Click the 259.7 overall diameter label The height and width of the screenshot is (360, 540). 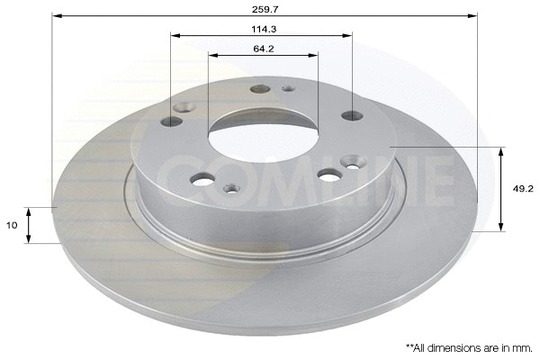pyautogui.click(x=265, y=9)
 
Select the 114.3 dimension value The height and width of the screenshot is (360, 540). pyautogui.click(x=264, y=30)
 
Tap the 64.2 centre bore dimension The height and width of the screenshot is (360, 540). pyautogui.click(x=264, y=49)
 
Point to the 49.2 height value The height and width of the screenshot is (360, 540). pyautogui.click(x=523, y=189)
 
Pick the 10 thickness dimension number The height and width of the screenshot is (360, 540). pyautogui.click(x=12, y=225)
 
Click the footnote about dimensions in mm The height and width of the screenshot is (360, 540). pyautogui.click(x=470, y=348)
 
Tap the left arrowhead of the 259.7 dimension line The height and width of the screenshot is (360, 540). pyautogui.click(x=58, y=16)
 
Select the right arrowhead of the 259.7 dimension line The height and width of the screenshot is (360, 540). pyautogui.click(x=472, y=16)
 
